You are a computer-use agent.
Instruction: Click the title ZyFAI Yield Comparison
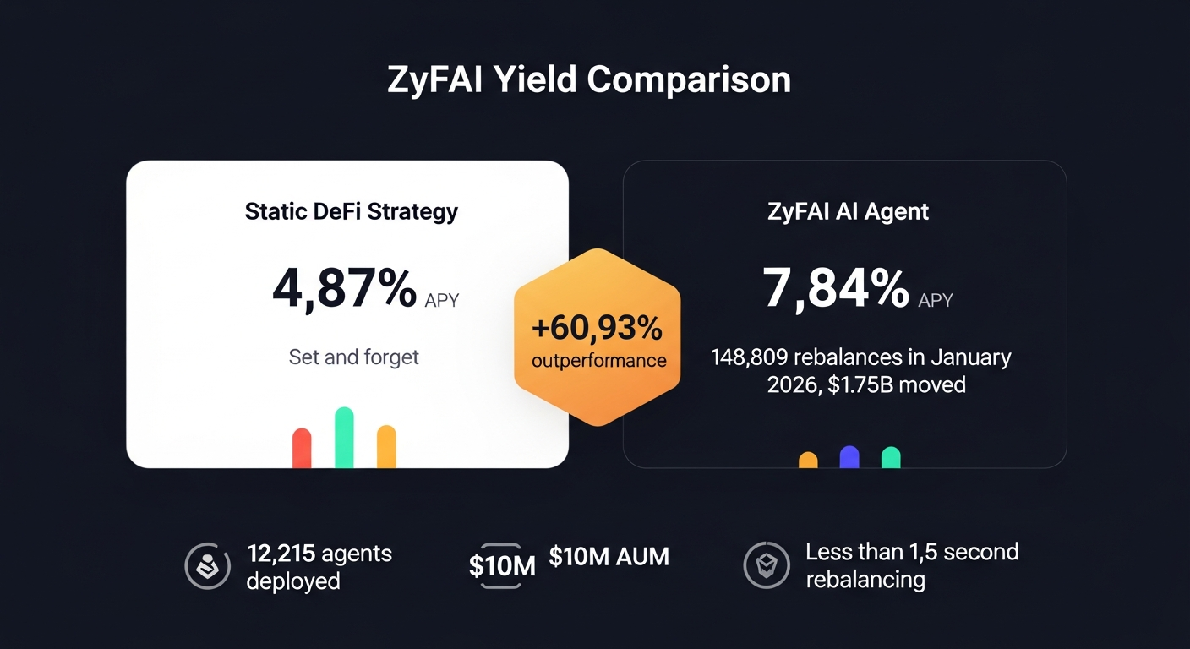[589, 79]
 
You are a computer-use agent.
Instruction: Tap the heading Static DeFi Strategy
[351, 210]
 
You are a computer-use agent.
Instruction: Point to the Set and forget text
[353, 357]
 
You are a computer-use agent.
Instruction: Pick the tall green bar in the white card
[344, 438]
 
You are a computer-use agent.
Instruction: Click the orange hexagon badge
[598, 336]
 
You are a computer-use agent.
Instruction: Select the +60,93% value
[598, 326]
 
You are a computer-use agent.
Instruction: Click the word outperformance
[598, 361]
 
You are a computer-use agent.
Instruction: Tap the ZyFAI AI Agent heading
[848, 210]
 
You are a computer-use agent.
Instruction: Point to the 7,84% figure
[836, 287]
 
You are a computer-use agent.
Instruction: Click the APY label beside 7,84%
[936, 300]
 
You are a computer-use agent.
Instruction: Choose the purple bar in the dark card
[849, 457]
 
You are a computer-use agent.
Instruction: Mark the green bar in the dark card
[891, 457]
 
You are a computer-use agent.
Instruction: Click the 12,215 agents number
[281, 554]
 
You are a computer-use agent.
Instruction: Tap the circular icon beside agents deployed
[207, 566]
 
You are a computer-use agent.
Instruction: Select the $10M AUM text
[609, 556]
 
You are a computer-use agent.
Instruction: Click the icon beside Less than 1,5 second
[766, 566]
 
